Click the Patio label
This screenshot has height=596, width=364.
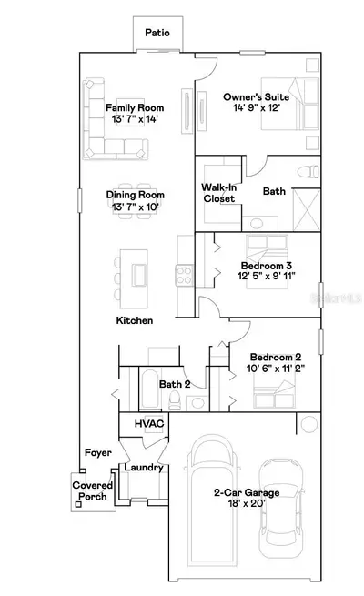tap(157, 33)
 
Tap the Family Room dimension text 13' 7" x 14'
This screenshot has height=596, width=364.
tap(135, 119)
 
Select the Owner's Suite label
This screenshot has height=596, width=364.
tap(256, 97)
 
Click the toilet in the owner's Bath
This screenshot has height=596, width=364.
tap(308, 172)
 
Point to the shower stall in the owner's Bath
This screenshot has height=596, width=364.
tap(307, 210)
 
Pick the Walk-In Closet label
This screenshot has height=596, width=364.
tap(219, 193)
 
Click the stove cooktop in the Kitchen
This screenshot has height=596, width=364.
tap(185, 275)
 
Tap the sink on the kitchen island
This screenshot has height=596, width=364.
tap(139, 275)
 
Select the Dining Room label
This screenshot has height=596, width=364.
tap(136, 195)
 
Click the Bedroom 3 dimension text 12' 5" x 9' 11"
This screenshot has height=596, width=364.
tap(267, 276)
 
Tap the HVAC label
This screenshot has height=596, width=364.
tap(149, 423)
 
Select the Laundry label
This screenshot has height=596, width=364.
tap(144, 468)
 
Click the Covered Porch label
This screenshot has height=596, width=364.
tap(92, 490)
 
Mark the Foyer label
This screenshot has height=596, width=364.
tap(98, 453)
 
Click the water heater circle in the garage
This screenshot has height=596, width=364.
tap(308, 424)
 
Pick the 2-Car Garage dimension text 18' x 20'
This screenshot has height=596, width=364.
tap(247, 503)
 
